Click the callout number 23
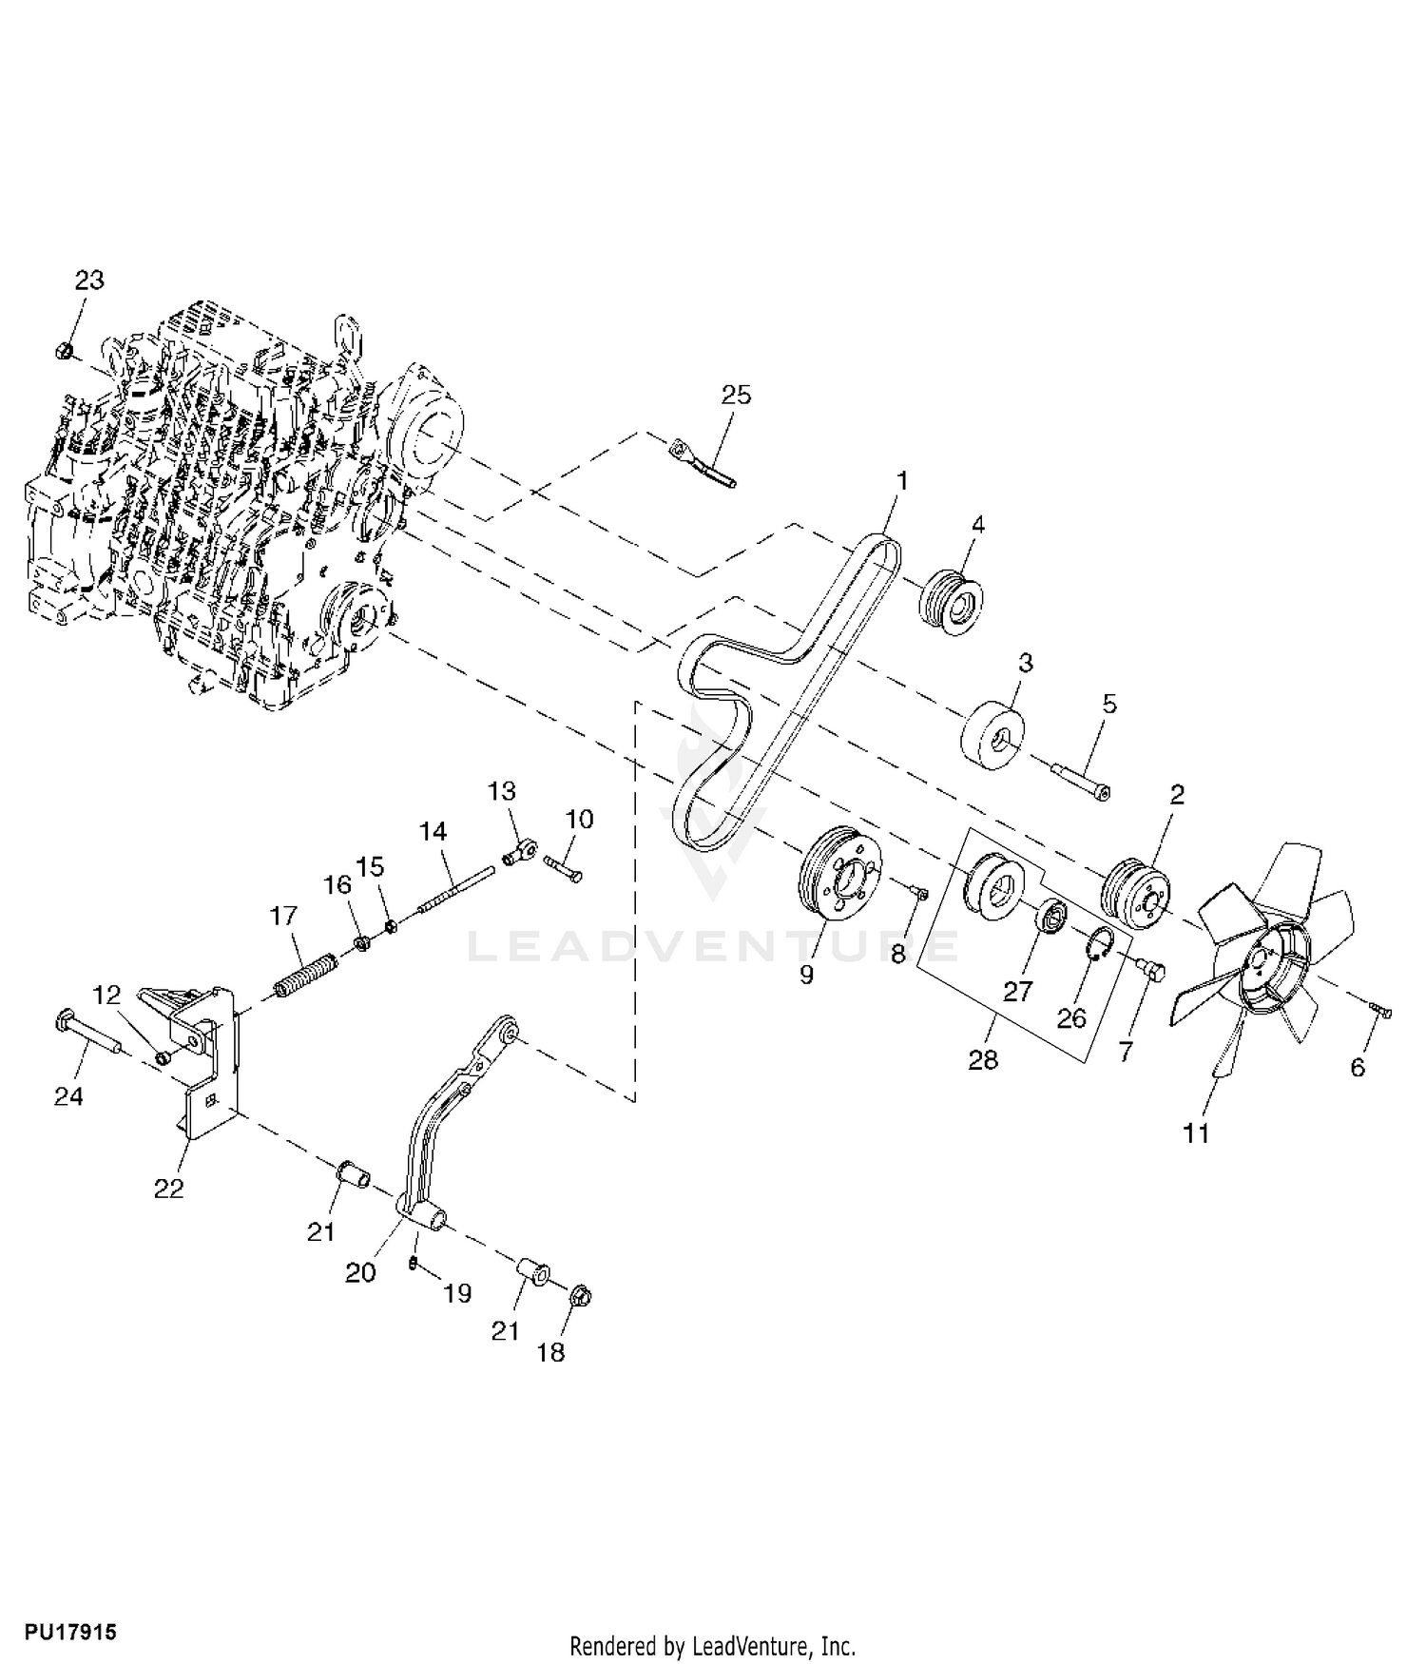[89, 281]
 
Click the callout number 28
[983, 1059]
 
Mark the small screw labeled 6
[1380, 1012]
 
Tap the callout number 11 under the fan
[1196, 1133]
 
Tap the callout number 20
[360, 1272]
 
